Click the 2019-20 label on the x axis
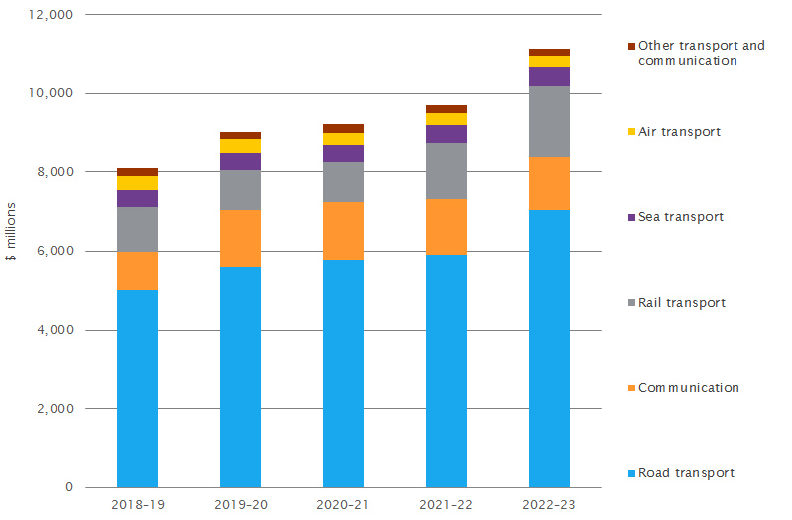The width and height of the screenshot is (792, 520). pyautogui.click(x=240, y=505)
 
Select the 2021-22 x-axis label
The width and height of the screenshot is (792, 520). pyautogui.click(x=446, y=505)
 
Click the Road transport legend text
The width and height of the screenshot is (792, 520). pyautogui.click(x=687, y=473)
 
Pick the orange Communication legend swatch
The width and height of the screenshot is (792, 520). pyautogui.click(x=630, y=388)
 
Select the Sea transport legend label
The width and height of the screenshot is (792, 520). pyautogui.click(x=681, y=217)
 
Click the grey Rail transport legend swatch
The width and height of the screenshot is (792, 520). pyautogui.click(x=630, y=303)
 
